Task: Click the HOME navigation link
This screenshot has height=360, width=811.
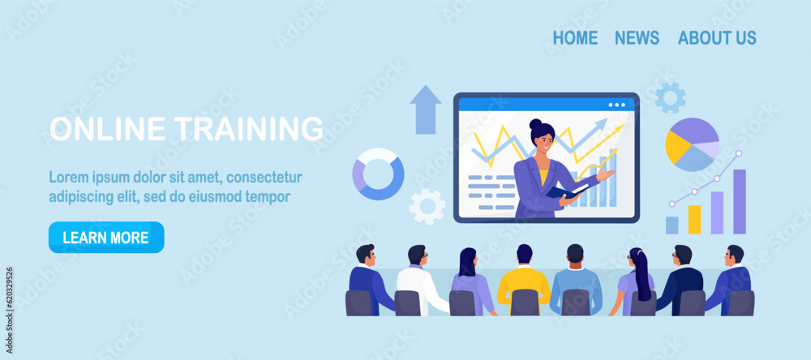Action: [x=575, y=38]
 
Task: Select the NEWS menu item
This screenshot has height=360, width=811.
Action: [x=637, y=38]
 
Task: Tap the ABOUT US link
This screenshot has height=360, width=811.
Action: [x=717, y=38]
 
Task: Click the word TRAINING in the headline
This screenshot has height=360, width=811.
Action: [x=248, y=128]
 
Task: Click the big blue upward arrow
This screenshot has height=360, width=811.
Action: [x=426, y=109]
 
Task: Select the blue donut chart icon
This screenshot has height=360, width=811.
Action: [x=378, y=174]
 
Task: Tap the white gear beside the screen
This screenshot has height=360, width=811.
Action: [x=427, y=207]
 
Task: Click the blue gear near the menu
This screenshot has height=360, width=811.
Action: [x=671, y=98]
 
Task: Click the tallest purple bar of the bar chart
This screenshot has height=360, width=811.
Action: [x=740, y=202]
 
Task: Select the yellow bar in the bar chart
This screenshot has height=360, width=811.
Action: [x=694, y=220]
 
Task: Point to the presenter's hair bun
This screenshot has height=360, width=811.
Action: [x=534, y=124]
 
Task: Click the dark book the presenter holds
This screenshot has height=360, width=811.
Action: [x=567, y=191]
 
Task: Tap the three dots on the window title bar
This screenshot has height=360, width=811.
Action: [x=616, y=105]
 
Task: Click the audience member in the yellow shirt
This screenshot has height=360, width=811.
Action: [x=524, y=279]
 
